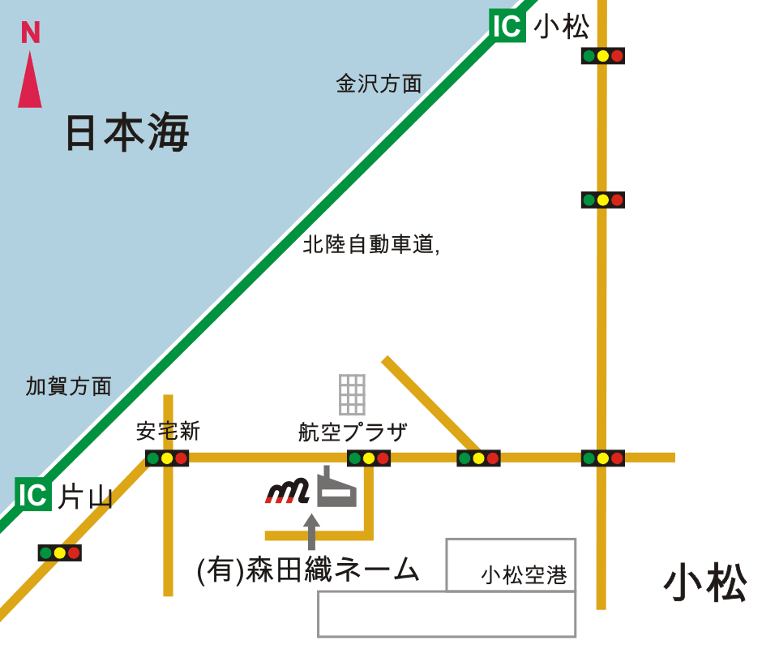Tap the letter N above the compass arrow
[30, 33]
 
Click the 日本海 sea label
[126, 133]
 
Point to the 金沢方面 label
[379, 84]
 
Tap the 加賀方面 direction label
[68, 386]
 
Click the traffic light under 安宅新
[167, 458]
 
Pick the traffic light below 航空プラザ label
[369, 458]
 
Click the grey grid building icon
[352, 394]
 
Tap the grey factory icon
[336, 488]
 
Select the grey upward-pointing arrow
[311, 531]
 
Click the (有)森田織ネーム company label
[309, 570]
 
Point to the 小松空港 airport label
[524, 576]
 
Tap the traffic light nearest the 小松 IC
[602, 56]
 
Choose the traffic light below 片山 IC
[60, 553]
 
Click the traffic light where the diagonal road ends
[478, 458]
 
